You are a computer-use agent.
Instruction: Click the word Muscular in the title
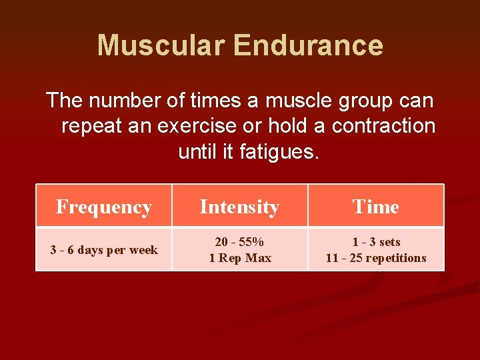(162, 45)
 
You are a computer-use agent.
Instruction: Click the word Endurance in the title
(309, 45)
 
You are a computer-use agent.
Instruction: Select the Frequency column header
(104, 207)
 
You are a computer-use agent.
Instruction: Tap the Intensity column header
(239, 207)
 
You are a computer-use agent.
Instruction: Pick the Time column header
(376, 207)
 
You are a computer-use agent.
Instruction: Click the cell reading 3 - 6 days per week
(104, 250)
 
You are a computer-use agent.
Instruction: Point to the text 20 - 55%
(239, 242)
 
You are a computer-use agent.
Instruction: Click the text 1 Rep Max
(240, 258)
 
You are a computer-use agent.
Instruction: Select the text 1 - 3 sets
(376, 242)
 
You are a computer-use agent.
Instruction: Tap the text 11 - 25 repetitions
(376, 258)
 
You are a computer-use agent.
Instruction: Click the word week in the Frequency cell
(143, 250)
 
